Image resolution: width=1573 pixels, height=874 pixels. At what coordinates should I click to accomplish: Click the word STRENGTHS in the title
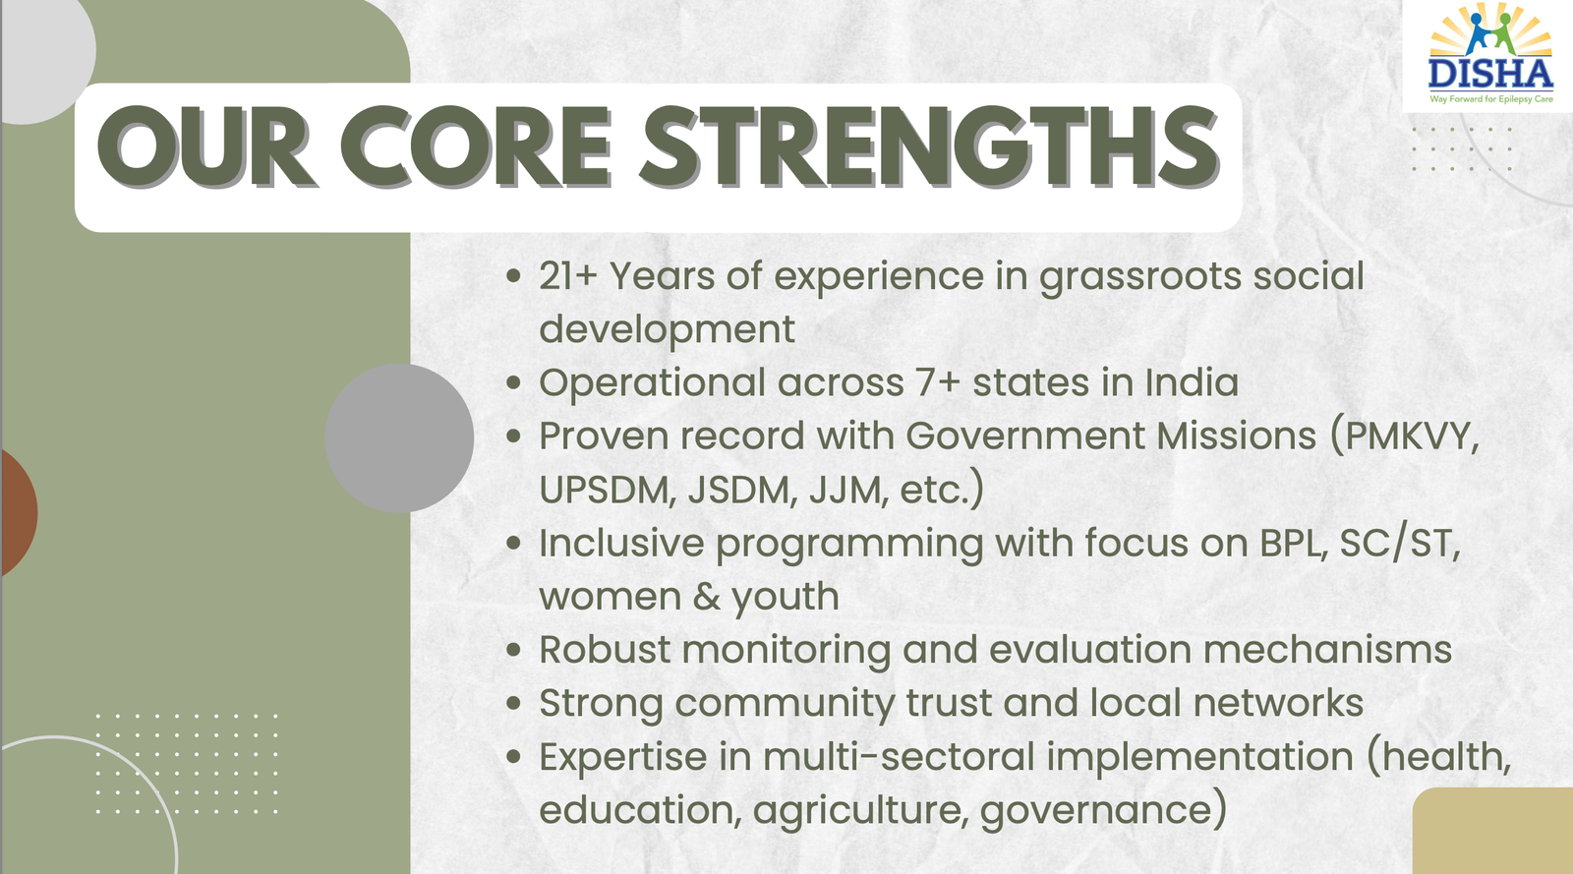tap(930, 147)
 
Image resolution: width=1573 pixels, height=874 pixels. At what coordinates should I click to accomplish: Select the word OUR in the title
tap(206, 147)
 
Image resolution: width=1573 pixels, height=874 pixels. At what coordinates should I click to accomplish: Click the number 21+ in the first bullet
tap(567, 276)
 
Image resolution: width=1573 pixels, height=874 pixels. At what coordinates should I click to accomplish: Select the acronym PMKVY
tap(1411, 437)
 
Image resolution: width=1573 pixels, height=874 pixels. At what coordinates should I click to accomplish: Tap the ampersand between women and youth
tap(706, 597)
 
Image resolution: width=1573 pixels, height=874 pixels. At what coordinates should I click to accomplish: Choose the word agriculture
tap(856, 811)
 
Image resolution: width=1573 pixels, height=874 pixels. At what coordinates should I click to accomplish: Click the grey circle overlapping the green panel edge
tap(399, 438)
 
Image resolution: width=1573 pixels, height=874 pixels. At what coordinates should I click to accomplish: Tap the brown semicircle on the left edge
tap(18, 512)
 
